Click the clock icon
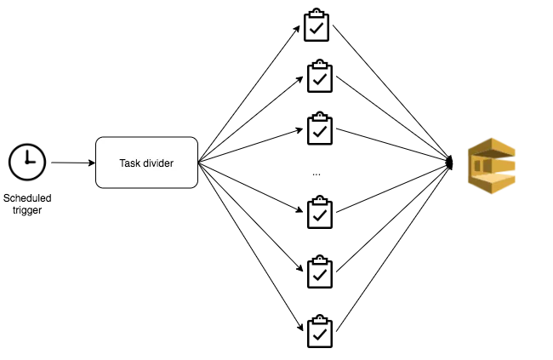click(x=27, y=162)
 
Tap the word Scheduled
click(x=27, y=198)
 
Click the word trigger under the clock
click(x=27, y=210)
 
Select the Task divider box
click(x=146, y=163)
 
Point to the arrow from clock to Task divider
click(x=73, y=163)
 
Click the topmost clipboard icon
click(x=316, y=25)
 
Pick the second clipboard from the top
click(x=320, y=76)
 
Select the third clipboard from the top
click(x=320, y=129)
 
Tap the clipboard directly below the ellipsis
click(x=320, y=212)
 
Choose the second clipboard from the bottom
click(x=320, y=271)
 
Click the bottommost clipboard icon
click(x=320, y=331)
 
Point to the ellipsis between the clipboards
click(x=316, y=174)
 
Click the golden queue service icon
click(x=492, y=166)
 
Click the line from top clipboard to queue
click(x=391, y=93)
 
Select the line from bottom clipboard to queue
click(x=394, y=247)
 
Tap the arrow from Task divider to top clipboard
click(x=249, y=94)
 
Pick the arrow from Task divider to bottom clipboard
click(x=251, y=247)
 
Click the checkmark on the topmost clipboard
click(x=316, y=28)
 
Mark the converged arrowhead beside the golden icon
click(x=449, y=163)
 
